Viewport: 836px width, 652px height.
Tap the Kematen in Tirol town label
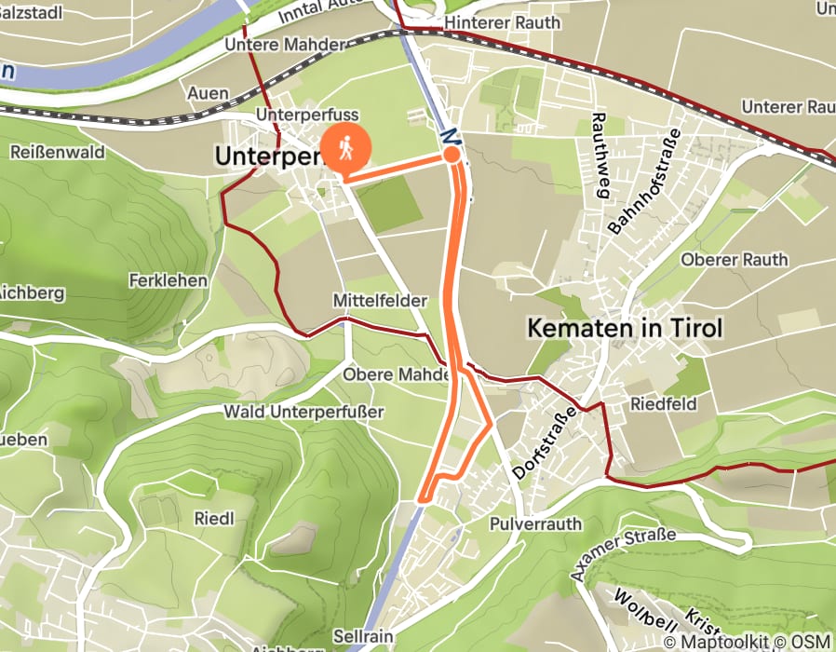[624, 328]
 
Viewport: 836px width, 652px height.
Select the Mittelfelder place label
[380, 301]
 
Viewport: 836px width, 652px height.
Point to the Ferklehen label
[168, 279]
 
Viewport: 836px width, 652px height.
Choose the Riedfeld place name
[662, 404]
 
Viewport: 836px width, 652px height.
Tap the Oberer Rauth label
[735, 259]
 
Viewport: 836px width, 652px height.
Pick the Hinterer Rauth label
[504, 22]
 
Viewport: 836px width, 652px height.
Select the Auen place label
[208, 92]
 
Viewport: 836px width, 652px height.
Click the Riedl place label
[213, 518]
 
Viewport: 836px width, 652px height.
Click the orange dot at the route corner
[452, 155]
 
